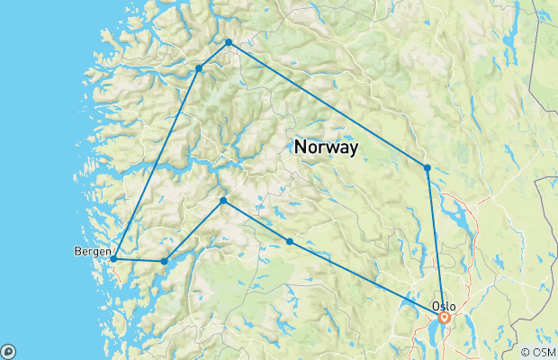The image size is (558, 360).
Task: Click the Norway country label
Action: click(x=326, y=146)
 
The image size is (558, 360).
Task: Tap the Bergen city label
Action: click(x=93, y=251)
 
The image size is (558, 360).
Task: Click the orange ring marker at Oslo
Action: click(x=445, y=317)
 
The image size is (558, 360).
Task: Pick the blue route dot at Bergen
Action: click(x=113, y=259)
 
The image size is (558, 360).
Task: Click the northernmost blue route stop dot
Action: click(x=229, y=42)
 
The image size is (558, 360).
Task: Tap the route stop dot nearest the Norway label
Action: click(x=222, y=200)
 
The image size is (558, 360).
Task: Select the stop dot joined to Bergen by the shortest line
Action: click(x=164, y=262)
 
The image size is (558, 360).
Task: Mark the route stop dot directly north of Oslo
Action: click(x=427, y=167)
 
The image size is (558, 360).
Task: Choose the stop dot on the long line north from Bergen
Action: click(x=199, y=67)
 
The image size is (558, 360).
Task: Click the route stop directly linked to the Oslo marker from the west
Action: click(x=289, y=241)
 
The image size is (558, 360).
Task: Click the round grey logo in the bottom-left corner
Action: click(x=8, y=351)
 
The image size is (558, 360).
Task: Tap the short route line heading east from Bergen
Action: click(x=139, y=261)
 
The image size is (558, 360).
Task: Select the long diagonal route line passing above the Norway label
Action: click(x=328, y=105)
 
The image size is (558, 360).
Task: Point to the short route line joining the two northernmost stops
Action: click(x=214, y=55)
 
